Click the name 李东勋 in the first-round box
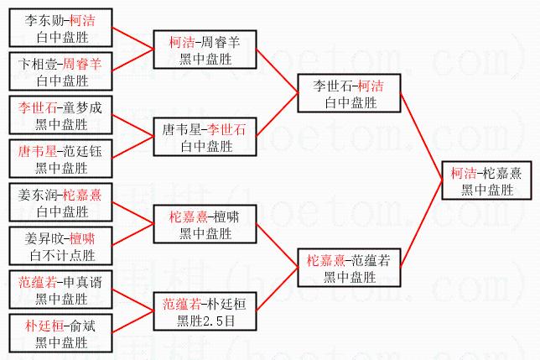(37, 18)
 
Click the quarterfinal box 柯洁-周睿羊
(204, 50)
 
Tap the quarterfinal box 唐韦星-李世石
(204, 137)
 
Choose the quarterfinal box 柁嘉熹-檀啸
(204, 224)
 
